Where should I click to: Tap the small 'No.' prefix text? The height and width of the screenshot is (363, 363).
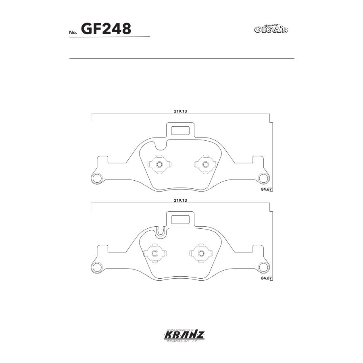point(73,32)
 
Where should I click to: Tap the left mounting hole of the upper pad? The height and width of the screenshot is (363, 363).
point(97,177)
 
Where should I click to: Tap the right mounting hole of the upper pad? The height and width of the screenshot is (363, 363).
point(264,177)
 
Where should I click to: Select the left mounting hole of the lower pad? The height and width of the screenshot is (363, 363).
point(97,267)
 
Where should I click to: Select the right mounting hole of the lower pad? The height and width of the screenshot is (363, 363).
point(264,267)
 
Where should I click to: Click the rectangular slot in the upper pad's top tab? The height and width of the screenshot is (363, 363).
point(180,131)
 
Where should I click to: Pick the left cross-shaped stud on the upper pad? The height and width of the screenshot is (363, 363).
point(159,164)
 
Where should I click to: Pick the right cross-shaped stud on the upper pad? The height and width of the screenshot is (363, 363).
point(205,164)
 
